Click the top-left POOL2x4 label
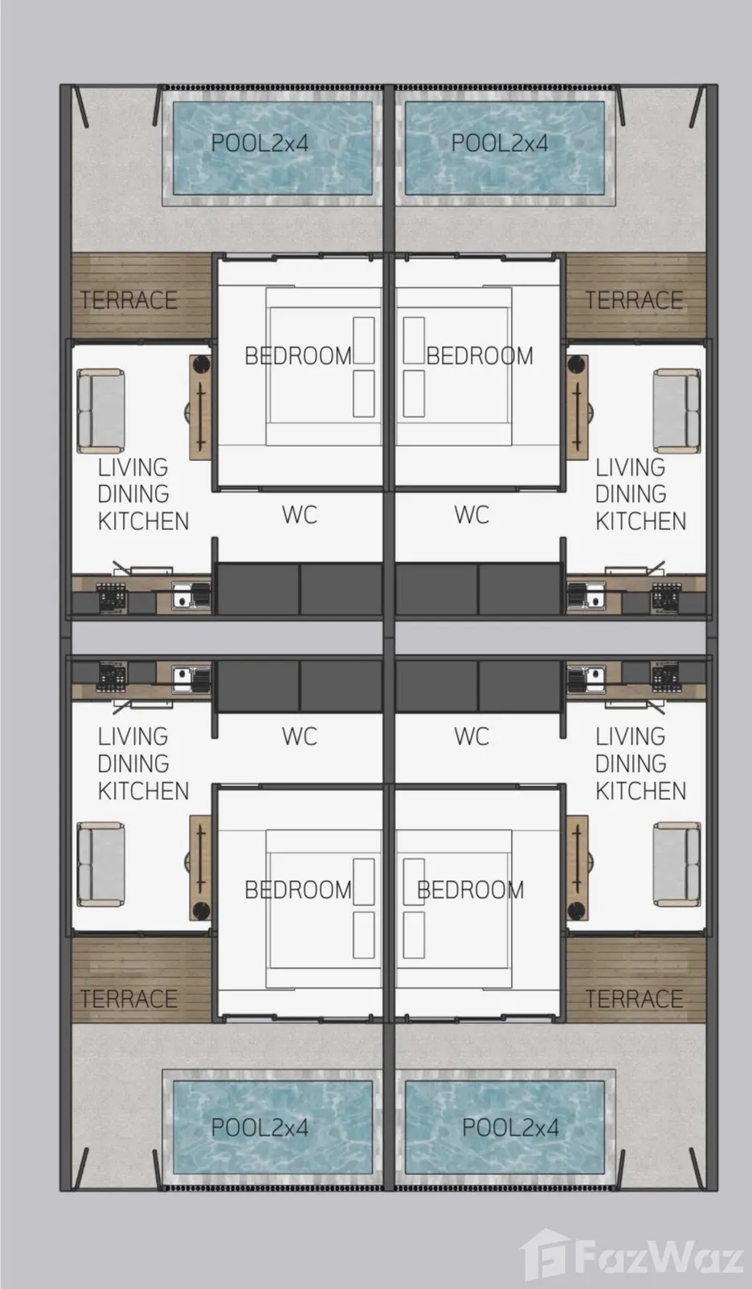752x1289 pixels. [260, 143]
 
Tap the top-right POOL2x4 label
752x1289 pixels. [499, 143]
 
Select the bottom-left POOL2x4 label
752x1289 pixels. [260, 1128]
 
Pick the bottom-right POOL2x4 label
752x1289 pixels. [511, 1128]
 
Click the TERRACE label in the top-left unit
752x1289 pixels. [129, 300]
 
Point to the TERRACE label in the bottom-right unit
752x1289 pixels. [634, 998]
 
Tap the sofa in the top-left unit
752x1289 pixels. [100, 411]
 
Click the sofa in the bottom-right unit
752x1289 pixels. [676, 864]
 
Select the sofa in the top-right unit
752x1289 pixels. [676, 411]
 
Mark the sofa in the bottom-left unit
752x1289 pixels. [100, 864]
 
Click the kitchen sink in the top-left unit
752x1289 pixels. [191, 596]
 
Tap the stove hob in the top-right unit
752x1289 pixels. [665, 597]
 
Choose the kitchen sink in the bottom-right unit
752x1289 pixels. [586, 679]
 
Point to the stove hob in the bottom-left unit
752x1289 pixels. [111, 679]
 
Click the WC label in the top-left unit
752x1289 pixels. [300, 515]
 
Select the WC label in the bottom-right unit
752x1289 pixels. [472, 736]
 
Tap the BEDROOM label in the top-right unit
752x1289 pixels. [480, 356]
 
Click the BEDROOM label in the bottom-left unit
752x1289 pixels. [298, 890]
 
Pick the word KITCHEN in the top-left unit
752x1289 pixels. [143, 520]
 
